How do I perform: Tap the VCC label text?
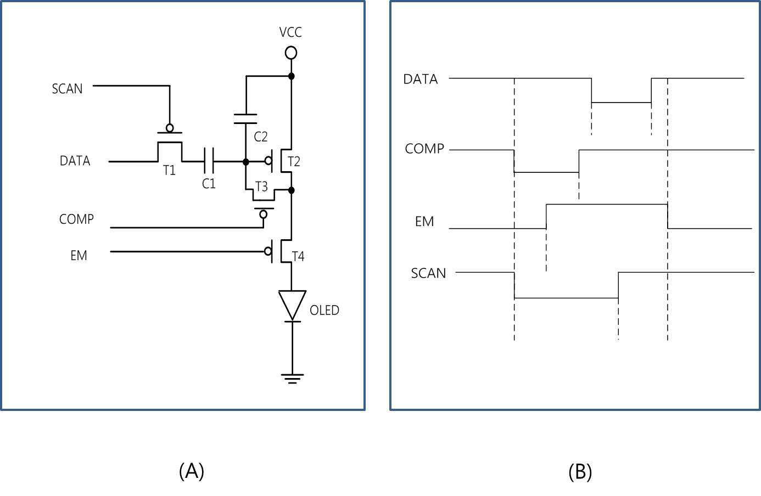click(290, 32)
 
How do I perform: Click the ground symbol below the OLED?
click(292, 379)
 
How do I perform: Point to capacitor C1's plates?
click(209, 162)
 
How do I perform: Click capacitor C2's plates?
click(245, 119)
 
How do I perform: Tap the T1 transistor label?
click(169, 170)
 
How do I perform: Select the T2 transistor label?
click(294, 162)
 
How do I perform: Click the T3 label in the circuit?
click(261, 187)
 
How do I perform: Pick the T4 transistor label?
click(298, 256)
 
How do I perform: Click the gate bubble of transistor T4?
click(268, 251)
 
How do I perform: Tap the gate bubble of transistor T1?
click(170, 128)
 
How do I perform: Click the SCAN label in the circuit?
click(68, 89)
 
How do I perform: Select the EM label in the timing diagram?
click(424, 221)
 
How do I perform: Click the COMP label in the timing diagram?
click(424, 149)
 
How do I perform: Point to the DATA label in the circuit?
click(75, 161)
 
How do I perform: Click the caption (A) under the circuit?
click(192, 471)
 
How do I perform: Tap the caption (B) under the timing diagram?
click(580, 471)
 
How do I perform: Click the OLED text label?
click(324, 311)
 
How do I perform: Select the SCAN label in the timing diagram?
click(428, 273)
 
